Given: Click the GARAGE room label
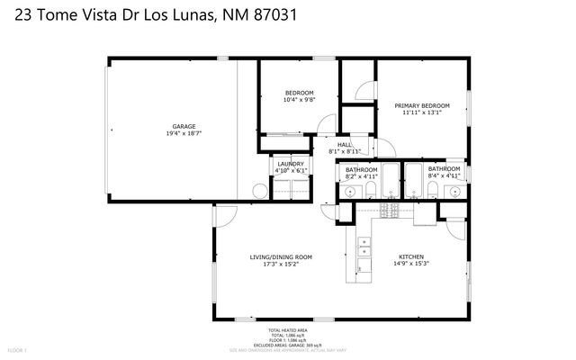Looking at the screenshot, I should point(184,126).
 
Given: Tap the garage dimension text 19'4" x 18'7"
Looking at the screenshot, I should point(184,133).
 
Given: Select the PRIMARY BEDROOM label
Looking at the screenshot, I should point(422,105).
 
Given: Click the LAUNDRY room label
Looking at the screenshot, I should point(290,164).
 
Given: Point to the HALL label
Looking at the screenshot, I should point(345,145).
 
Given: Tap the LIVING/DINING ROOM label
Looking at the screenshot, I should point(281,257).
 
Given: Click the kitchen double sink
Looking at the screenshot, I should point(364,247).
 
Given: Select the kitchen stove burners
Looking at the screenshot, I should point(391,211).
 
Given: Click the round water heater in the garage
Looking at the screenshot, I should point(260,190).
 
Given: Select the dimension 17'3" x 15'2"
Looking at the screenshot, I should point(281,265).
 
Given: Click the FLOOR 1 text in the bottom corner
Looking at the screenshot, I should point(18,348).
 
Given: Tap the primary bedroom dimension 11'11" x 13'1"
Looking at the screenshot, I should point(422,112).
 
